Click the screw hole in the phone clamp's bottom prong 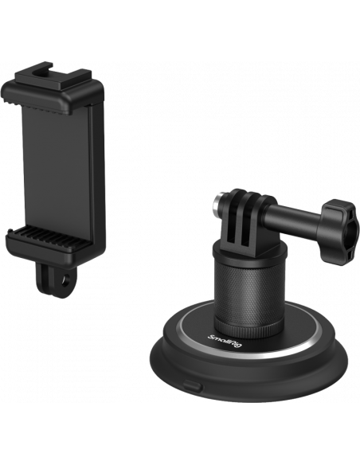(x=64, y=279)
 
